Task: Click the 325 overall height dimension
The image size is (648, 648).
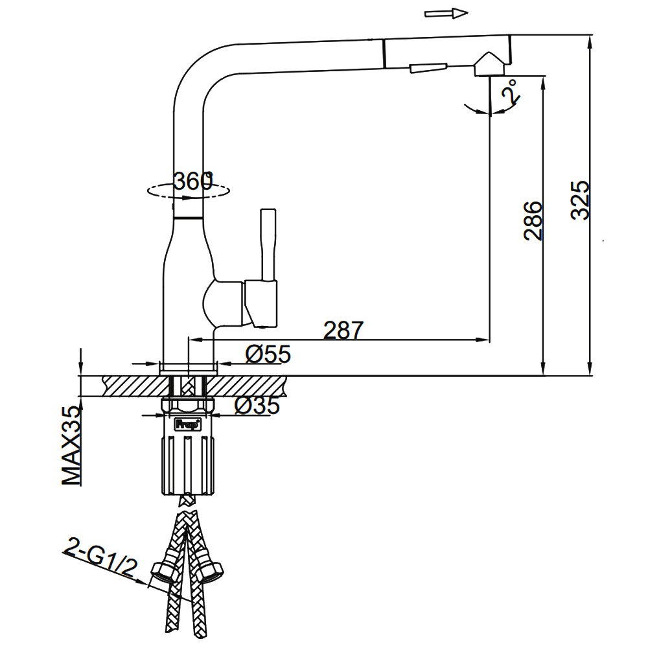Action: click(580, 200)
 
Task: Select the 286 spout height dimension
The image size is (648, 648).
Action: click(533, 221)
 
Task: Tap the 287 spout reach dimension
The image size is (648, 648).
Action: click(343, 330)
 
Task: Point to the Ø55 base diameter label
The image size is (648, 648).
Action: click(268, 354)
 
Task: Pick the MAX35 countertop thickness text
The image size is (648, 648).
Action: click(71, 446)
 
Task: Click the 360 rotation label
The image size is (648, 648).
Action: click(193, 181)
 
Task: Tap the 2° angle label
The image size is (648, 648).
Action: click(510, 92)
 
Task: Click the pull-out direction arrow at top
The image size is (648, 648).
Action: click(446, 14)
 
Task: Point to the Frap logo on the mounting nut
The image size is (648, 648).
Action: click(188, 424)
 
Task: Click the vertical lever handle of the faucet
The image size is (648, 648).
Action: click(268, 246)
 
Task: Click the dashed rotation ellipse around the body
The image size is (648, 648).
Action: click(189, 191)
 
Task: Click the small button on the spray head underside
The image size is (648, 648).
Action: click(428, 68)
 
